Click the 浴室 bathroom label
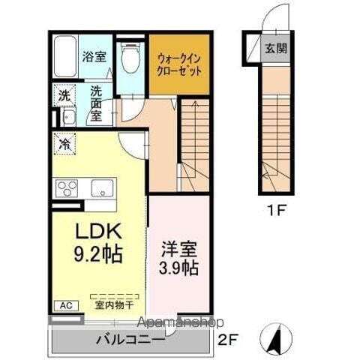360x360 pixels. coord(93,55)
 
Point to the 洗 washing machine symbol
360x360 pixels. coord(64,96)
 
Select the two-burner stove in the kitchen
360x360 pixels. coord(65,187)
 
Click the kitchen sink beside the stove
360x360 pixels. coord(103,187)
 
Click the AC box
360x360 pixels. coord(64,305)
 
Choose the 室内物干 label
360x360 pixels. coord(114,305)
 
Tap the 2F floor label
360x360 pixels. coord(226,339)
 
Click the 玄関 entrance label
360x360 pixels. coord(275,50)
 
